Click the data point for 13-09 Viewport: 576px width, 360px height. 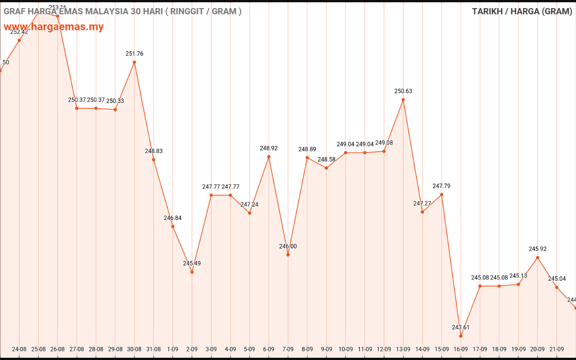(403, 99)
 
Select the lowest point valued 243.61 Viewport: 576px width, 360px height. (461, 336)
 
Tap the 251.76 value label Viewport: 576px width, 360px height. (135, 54)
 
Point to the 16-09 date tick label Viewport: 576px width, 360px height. (461, 349)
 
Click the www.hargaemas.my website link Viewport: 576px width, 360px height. (54, 27)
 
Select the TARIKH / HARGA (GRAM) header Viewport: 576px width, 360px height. (522, 12)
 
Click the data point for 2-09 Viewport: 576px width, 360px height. (192, 272)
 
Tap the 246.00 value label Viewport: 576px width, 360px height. (288, 247)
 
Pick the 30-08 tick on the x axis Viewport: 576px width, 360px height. (135, 349)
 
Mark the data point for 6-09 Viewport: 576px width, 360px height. (269, 157)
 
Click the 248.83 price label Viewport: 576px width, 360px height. (154, 151)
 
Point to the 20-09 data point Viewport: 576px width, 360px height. (537, 257)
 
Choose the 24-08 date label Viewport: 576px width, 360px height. (19, 349)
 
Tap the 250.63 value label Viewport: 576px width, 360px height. (403, 91)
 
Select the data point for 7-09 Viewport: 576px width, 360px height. (288, 255)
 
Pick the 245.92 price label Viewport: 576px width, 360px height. (537, 249)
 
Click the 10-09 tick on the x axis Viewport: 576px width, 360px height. (346, 349)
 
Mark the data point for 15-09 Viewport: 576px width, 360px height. (442, 194)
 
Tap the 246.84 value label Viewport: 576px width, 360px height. (173, 218)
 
